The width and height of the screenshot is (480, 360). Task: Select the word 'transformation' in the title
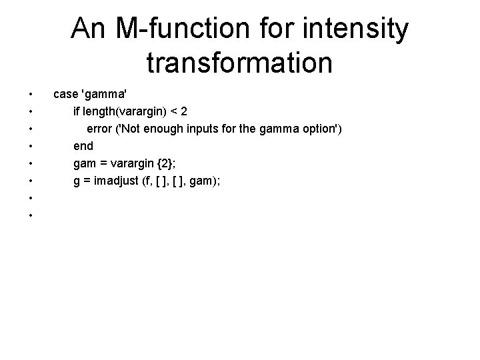point(239,63)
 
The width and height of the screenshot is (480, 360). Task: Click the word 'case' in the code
point(65,93)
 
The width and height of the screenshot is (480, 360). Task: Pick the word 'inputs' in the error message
point(207,128)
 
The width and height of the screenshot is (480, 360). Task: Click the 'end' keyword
point(83,145)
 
